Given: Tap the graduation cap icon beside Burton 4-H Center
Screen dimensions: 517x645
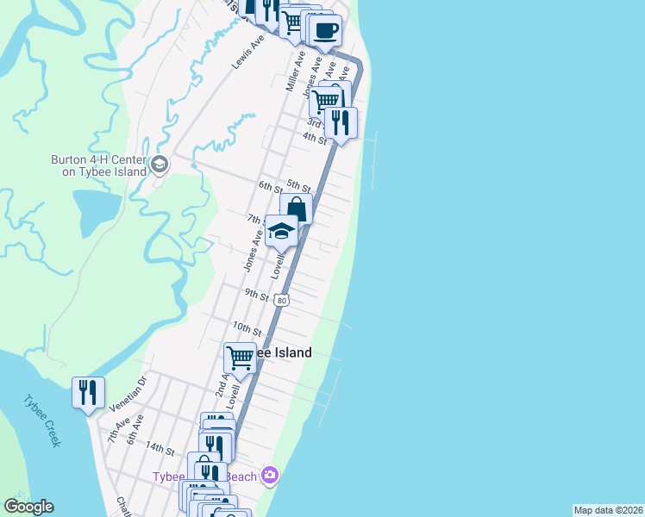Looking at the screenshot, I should coord(160,165).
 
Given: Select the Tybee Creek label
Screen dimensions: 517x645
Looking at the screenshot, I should coord(42,420).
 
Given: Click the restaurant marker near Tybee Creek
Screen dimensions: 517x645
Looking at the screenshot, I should coord(88,393).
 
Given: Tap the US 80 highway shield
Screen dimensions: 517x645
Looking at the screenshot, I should coord(282,301).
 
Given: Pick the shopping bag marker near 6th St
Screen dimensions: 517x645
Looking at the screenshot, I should coord(296,209).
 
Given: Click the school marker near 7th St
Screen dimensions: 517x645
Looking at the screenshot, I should coord(281,231).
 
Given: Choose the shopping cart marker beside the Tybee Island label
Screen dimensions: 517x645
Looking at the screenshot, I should coord(241,356).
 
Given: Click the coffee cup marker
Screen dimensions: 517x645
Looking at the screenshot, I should coord(325,31).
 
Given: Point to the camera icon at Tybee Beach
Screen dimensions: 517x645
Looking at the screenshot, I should coord(270,476).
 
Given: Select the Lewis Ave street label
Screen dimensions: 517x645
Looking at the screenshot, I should coord(247,53).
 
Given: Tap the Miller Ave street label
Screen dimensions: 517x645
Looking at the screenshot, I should coord(296,72).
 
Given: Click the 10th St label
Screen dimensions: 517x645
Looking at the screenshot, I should coord(247,329).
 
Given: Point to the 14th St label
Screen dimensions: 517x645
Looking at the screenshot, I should coord(160,449).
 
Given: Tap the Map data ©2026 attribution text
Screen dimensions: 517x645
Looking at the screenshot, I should coord(607,510).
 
